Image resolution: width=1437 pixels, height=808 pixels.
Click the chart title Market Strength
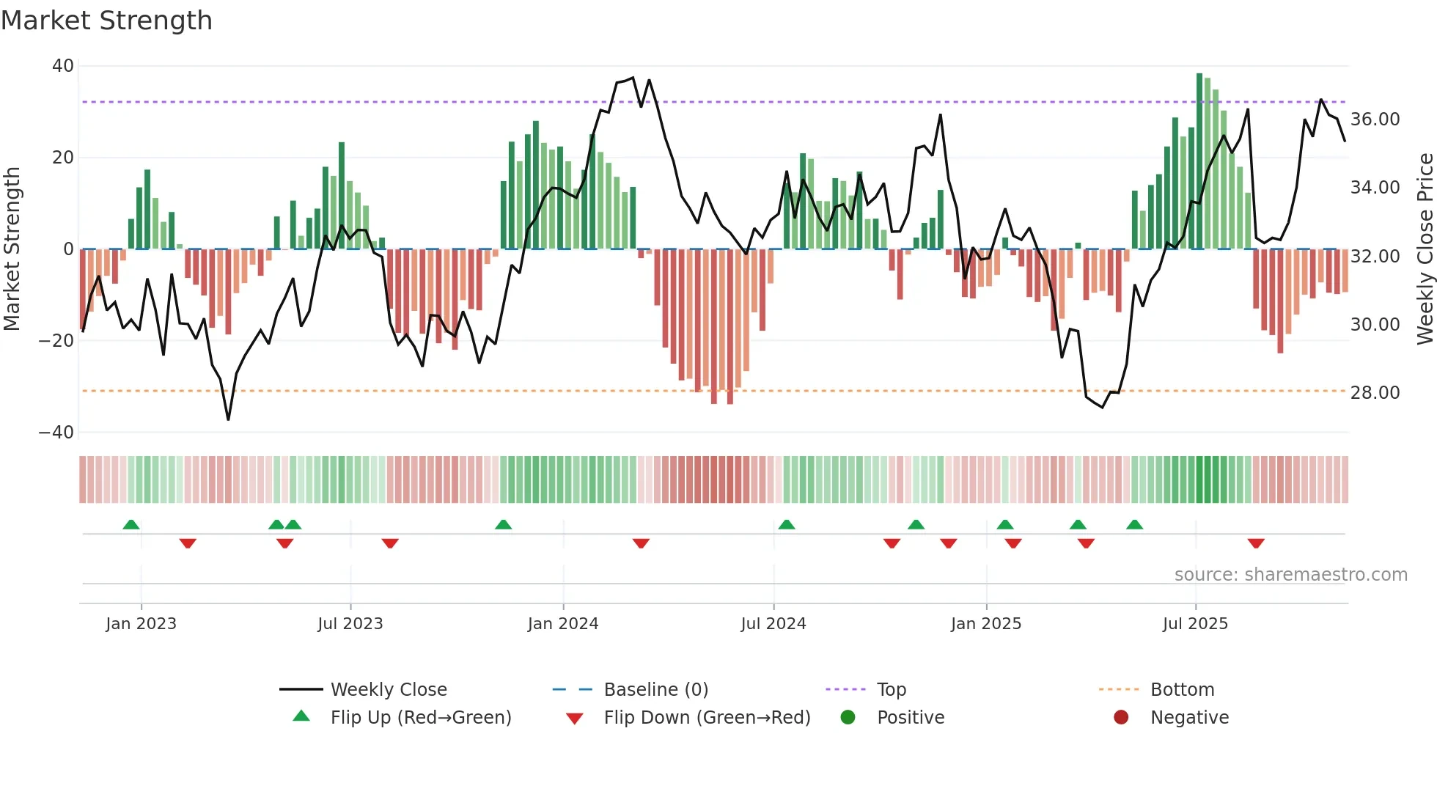coord(106,21)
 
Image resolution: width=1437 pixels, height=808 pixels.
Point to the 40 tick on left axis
coord(63,66)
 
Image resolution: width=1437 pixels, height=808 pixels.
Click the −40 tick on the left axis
coord(56,433)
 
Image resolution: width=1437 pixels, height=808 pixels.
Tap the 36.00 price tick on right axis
coord(1375,120)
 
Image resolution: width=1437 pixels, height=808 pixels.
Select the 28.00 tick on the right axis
coord(1375,393)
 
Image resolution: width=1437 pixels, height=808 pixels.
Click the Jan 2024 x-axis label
coord(562,624)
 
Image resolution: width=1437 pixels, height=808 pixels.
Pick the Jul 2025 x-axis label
coord(1194,624)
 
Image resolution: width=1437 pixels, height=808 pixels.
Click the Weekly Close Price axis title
coord(1425,249)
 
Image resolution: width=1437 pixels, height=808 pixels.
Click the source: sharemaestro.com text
coord(1290,575)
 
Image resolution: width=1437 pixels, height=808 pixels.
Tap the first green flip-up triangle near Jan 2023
coord(131,525)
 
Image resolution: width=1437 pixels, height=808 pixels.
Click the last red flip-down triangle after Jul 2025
coord(1256,543)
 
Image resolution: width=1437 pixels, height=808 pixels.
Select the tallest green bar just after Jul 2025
coord(1199,161)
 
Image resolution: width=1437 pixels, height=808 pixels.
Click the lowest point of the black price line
coord(228,419)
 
